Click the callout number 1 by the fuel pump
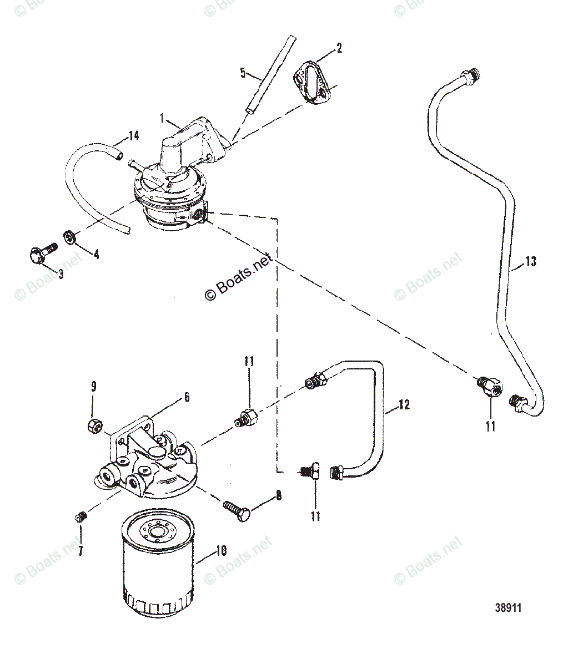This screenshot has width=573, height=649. coord(162,118)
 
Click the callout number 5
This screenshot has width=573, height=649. coord(242,72)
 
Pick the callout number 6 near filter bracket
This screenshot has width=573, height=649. coord(187,397)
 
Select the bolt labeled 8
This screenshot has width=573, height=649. coord(237,508)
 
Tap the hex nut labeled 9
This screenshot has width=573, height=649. coord(94,425)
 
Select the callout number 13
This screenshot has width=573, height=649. coord(530,261)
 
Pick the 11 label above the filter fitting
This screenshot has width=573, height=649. coord(249,362)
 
